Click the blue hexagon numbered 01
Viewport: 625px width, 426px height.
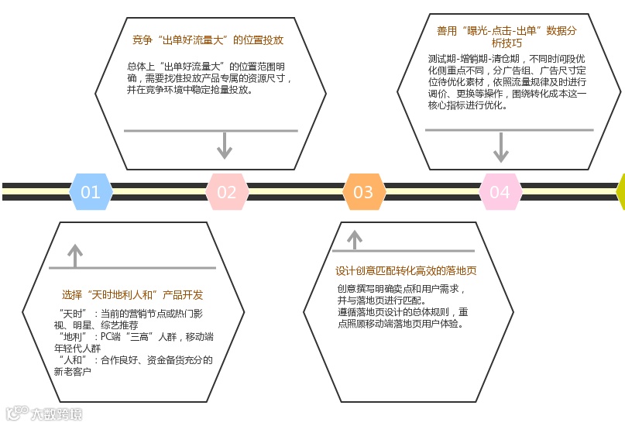pos(91,192)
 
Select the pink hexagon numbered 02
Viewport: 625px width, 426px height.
pos(226,192)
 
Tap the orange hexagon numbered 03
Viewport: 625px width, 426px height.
pos(363,192)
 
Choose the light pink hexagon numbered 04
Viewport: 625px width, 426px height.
pos(500,192)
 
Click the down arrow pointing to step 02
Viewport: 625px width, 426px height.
pos(225,145)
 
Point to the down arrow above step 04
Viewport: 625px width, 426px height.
pos(501,147)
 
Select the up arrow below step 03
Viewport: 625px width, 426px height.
pos(355,239)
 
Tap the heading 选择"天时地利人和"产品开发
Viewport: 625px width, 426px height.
pos(132,294)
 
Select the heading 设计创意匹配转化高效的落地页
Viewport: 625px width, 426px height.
pos(406,271)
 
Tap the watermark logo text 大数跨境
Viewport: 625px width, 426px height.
pos(56,414)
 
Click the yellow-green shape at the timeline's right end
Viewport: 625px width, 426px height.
pos(620,192)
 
